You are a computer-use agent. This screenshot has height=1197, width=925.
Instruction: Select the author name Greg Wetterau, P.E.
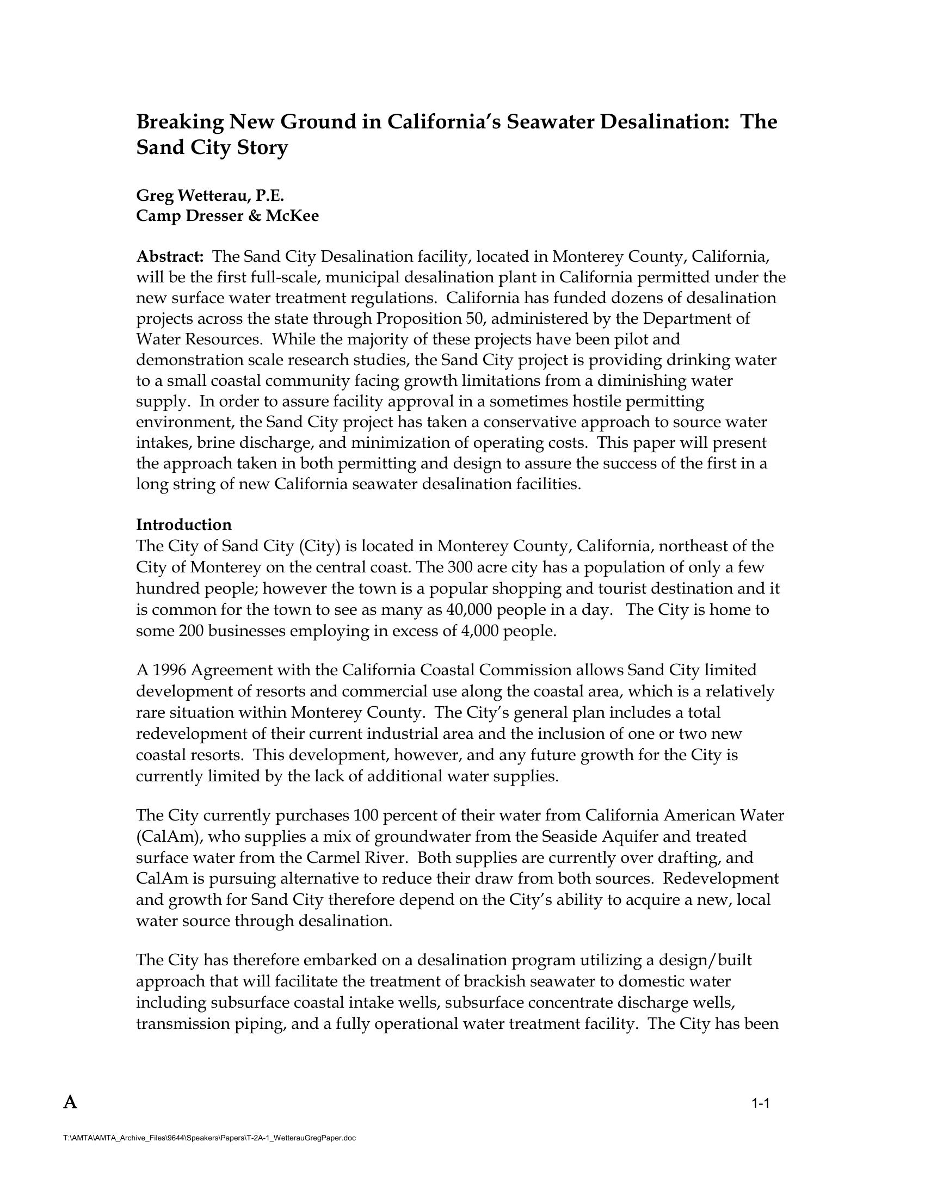[x=210, y=195]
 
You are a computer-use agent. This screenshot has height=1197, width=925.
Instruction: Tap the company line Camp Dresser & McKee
[x=227, y=216]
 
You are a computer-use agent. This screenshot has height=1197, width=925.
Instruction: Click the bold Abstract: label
[x=170, y=256]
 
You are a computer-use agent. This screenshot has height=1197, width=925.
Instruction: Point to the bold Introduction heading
[x=183, y=525]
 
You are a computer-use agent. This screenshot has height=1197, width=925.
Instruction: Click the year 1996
[x=168, y=670]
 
